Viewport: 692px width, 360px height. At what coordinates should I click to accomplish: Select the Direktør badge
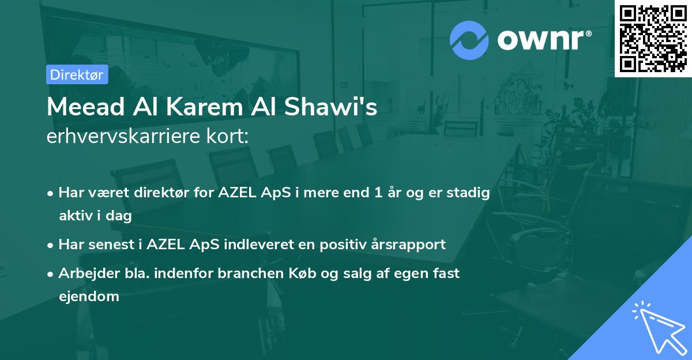(77, 74)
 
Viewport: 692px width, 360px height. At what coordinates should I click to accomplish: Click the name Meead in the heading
(80, 108)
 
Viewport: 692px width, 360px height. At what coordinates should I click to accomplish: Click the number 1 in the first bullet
(379, 193)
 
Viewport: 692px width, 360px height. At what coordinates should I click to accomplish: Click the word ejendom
(88, 297)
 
